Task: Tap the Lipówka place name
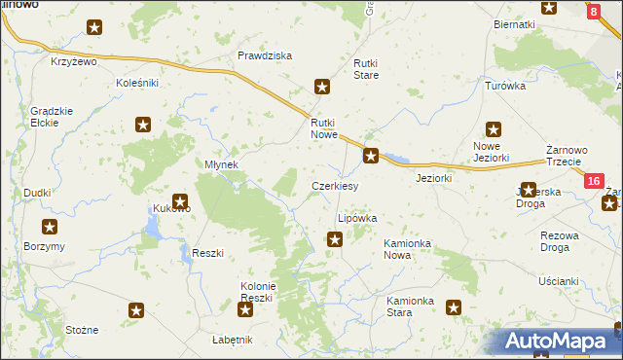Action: (356, 219)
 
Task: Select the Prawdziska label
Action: (265, 55)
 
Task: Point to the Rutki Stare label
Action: (366, 68)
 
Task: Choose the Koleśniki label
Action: (136, 83)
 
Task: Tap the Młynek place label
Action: (221, 164)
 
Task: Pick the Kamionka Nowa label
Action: (411, 248)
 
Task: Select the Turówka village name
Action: (505, 86)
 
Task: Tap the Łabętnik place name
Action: (233, 340)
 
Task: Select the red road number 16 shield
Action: (594, 181)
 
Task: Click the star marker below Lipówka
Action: (335, 239)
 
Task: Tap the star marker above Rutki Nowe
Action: (322, 88)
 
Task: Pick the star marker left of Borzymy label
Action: (50, 227)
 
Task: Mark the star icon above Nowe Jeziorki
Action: (494, 128)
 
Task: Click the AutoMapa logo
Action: (559, 341)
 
